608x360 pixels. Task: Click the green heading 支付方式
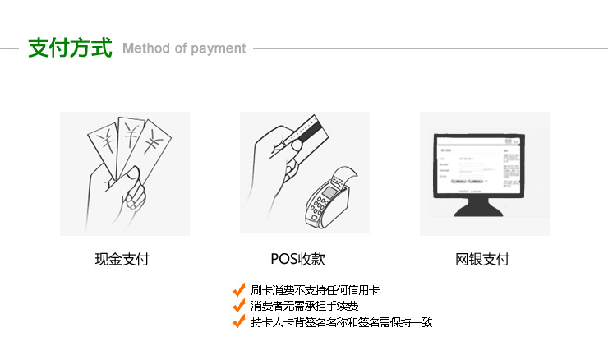[x=70, y=48]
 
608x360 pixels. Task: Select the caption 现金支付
[x=122, y=259]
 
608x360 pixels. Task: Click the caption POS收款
[x=297, y=259]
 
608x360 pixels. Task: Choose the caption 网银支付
[x=482, y=259]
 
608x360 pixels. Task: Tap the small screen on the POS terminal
[x=329, y=192]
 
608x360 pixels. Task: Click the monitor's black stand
[x=478, y=207]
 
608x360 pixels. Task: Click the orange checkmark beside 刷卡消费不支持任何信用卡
[x=239, y=290]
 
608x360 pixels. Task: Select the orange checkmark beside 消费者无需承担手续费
[x=239, y=306]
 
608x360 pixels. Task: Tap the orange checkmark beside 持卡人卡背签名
[x=239, y=321]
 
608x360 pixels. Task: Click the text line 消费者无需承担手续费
[x=304, y=306]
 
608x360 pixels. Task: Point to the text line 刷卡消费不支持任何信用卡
[x=316, y=290]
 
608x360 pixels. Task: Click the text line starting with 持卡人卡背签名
[x=342, y=322]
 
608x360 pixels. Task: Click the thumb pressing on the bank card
[x=296, y=146]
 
